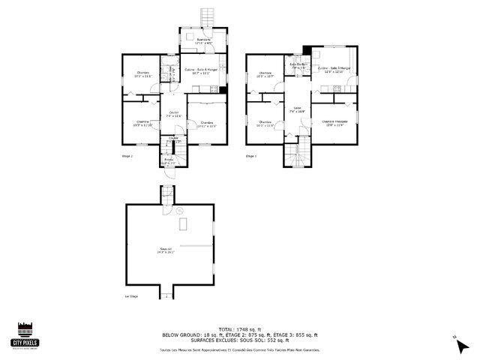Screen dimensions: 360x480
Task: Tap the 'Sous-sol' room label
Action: pos(166,250)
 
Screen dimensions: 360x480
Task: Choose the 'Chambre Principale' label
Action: pos(334,122)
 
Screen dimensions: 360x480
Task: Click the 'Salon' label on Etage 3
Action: pos(298,109)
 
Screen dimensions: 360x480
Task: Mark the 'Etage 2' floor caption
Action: pos(127,156)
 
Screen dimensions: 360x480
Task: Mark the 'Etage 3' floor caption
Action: pos(251,156)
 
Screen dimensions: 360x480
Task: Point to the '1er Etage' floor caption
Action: pos(131,297)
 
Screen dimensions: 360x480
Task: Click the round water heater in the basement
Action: pos(178,211)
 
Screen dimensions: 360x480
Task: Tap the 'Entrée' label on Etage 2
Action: pos(168,160)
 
